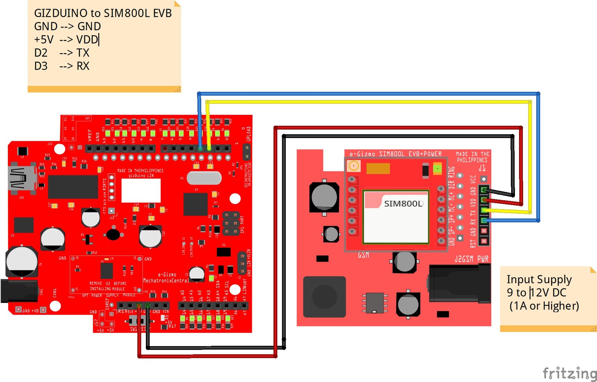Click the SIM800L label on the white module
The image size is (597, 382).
click(x=403, y=204)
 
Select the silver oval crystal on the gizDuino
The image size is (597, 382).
click(x=204, y=178)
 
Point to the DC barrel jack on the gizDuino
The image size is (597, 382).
click(x=19, y=290)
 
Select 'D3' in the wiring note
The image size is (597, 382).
click(x=41, y=66)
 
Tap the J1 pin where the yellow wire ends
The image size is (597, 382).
click(x=484, y=210)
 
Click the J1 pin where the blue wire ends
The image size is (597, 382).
click(x=484, y=220)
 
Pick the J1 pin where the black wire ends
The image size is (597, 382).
click(x=484, y=190)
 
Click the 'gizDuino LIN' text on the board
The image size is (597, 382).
click(x=141, y=176)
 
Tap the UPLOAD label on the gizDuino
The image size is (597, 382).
click(x=249, y=134)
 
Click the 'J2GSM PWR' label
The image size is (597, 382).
click(x=472, y=259)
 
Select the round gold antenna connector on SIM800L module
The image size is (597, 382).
click(x=353, y=166)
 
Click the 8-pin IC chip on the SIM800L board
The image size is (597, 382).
click(x=375, y=303)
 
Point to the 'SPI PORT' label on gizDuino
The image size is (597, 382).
click(x=242, y=224)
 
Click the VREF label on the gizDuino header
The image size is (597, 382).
click(x=90, y=135)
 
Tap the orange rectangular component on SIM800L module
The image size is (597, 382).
click(x=378, y=169)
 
